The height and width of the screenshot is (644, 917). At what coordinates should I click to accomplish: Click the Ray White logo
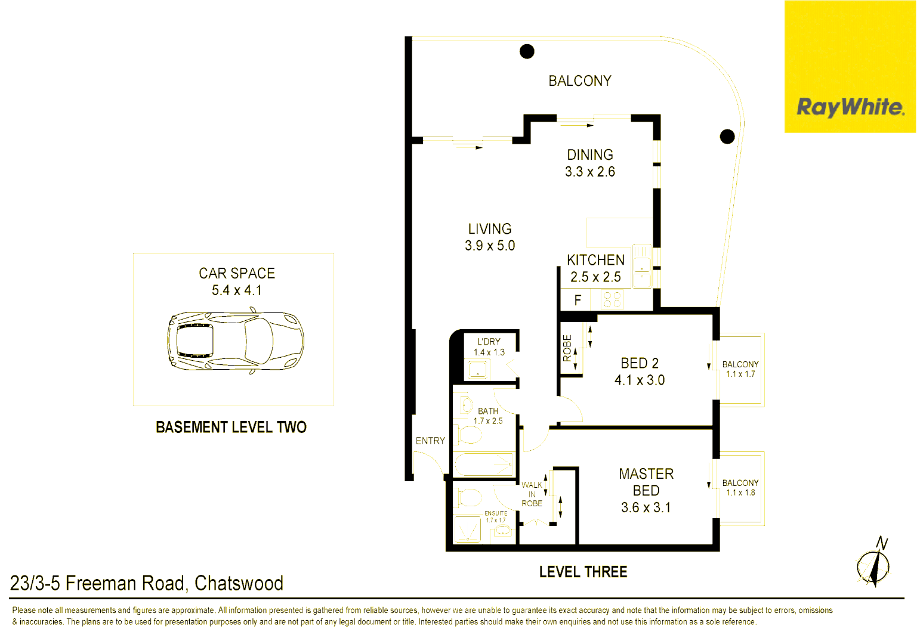850,107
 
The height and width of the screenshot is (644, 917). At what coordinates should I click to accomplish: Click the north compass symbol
873,563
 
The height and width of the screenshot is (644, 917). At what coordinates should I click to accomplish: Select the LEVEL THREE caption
583,572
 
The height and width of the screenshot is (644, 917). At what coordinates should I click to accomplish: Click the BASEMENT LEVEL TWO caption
231,427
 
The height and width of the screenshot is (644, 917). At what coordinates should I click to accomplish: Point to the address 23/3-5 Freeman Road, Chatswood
147,583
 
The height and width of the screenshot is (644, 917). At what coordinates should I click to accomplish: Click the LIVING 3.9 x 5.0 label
490,237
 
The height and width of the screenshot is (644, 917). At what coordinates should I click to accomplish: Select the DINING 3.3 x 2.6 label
590,163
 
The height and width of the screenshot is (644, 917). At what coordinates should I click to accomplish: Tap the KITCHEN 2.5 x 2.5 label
595,268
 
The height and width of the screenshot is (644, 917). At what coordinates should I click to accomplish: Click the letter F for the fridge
578,301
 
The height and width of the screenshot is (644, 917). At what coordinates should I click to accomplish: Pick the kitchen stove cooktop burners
612,299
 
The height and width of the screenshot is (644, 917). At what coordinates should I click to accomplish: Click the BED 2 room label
640,371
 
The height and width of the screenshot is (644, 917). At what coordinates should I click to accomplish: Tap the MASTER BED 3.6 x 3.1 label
646,490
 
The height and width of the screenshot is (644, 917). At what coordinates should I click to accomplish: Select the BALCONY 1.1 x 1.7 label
740,369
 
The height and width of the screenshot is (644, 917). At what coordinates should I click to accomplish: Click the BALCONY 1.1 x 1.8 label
740,487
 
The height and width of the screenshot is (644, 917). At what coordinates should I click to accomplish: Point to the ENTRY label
430,441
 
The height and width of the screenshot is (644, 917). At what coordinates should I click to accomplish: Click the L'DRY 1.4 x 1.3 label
489,347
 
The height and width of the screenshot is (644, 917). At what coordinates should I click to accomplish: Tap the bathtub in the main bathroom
484,464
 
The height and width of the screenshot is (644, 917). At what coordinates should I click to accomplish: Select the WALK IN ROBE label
532,494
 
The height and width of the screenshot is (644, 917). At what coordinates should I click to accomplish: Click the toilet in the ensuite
470,497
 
